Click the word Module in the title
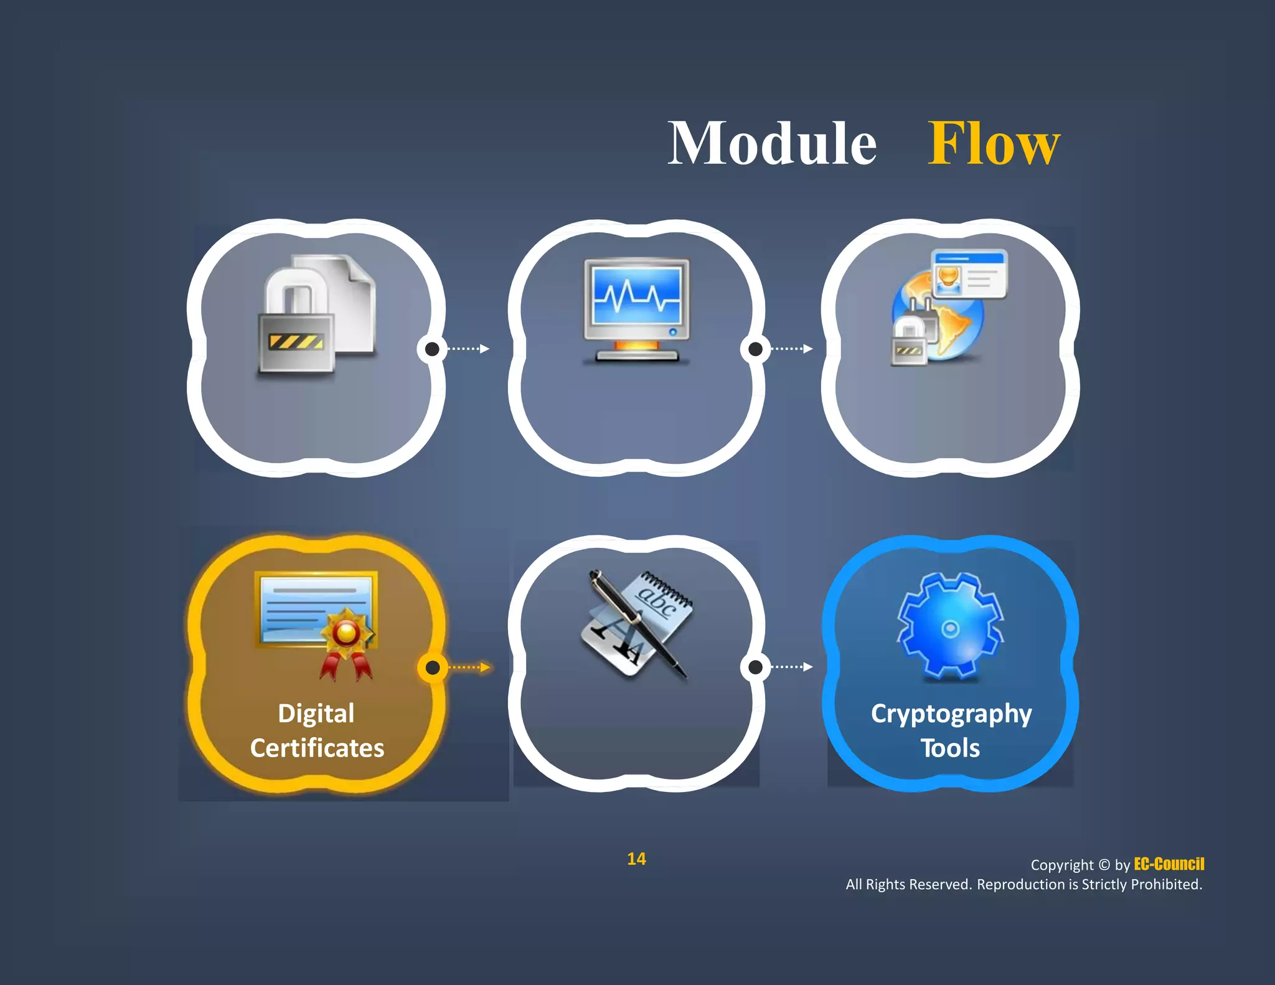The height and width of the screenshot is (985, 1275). [x=772, y=144]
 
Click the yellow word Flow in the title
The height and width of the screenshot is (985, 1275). [x=994, y=144]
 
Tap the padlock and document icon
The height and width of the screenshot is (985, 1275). [x=317, y=314]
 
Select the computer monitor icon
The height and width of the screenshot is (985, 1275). [x=636, y=309]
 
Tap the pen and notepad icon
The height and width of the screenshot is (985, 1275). [x=636, y=623]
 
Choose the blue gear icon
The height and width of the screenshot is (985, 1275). [x=950, y=625]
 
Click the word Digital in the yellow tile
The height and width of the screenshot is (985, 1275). [x=316, y=714]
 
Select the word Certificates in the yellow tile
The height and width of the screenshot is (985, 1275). [x=317, y=748]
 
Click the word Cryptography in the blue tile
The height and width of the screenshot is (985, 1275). [x=951, y=714]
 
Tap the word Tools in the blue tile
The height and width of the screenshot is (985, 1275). [x=950, y=748]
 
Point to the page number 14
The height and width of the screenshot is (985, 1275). [x=636, y=859]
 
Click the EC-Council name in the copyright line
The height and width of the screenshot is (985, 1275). [x=1169, y=864]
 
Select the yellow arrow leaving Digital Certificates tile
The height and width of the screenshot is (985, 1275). [x=470, y=667]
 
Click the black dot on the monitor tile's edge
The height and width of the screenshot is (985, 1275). [x=755, y=349]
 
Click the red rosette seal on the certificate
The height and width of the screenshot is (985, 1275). [x=346, y=634]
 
